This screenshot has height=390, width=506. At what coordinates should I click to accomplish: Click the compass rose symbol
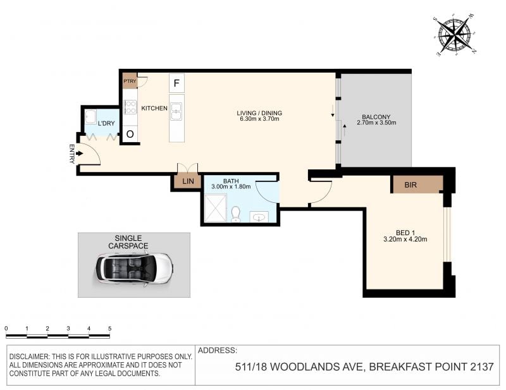tap(455, 35)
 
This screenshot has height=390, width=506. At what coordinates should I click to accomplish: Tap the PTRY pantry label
tap(130, 81)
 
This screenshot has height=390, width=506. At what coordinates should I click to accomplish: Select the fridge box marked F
tap(176, 83)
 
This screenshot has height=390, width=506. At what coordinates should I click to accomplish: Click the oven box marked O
tap(130, 134)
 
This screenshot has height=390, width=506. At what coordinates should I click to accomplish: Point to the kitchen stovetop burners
tap(130, 107)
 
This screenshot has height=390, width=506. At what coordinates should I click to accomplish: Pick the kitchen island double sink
tap(176, 111)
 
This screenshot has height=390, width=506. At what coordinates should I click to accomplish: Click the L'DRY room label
tap(106, 123)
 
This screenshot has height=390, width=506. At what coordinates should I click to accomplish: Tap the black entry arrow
tap(80, 154)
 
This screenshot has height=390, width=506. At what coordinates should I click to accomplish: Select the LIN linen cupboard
tap(188, 181)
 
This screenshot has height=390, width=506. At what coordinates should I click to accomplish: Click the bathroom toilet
tap(236, 214)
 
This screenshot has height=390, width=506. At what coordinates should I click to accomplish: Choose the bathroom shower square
tap(216, 208)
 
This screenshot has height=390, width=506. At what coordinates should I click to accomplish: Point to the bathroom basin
tap(259, 217)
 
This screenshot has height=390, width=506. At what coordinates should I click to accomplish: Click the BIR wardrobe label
tap(410, 185)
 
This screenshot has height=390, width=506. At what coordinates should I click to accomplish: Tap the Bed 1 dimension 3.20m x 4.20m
tap(405, 240)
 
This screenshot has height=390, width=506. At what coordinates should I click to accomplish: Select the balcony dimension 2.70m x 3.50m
tap(376, 123)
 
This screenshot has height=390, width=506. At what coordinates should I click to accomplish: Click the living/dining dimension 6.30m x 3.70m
tap(259, 119)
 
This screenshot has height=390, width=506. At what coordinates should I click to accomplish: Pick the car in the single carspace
tap(134, 269)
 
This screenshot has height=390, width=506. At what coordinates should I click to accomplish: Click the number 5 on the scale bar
tap(109, 329)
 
